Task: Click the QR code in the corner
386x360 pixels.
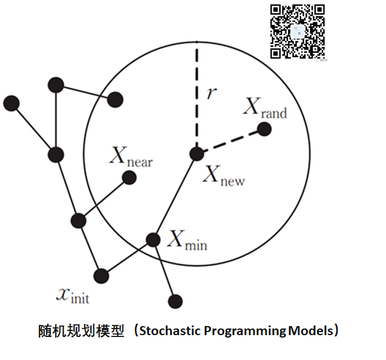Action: [x=298, y=32]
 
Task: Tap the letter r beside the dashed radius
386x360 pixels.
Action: [x=209, y=93]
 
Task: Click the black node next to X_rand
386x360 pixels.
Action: [x=264, y=128]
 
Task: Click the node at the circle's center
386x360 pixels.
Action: [x=196, y=153]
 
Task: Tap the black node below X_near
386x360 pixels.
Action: [x=129, y=177]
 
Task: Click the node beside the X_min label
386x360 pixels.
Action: [x=153, y=239]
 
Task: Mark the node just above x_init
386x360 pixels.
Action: [x=101, y=276]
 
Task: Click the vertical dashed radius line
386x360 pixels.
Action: [x=196, y=100]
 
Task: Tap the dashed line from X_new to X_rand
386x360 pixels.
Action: [x=230, y=141]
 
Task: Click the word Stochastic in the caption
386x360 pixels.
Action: [x=170, y=332]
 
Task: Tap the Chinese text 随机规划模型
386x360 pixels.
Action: [x=81, y=332]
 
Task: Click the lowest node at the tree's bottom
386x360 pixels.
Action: [x=176, y=300]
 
